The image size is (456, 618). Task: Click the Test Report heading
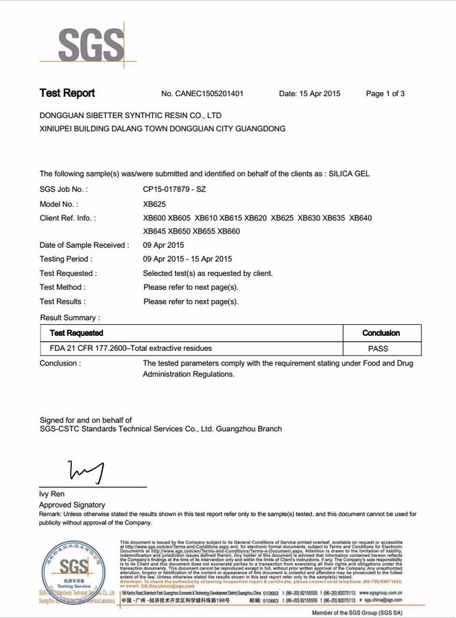coord(67,93)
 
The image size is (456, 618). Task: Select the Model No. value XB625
coord(154,204)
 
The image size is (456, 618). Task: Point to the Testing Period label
coord(66,259)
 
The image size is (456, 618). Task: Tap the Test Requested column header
coord(77,333)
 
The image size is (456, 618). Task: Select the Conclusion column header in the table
coord(381,333)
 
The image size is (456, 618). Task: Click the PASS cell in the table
coord(378,348)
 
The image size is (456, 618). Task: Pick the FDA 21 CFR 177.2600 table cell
coord(126,348)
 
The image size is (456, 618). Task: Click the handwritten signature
coord(86,471)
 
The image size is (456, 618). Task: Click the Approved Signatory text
coord(72,505)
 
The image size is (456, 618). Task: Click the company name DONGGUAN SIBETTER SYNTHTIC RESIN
coord(130,115)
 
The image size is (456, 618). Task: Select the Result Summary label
coord(70,318)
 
